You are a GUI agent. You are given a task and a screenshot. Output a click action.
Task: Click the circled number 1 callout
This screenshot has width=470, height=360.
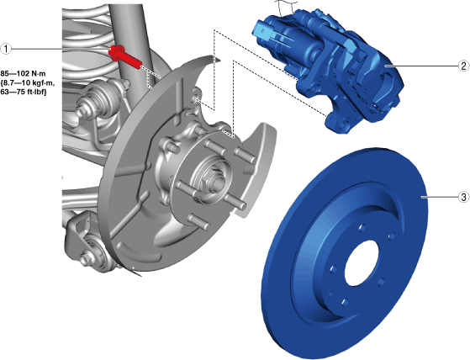tap(6, 49)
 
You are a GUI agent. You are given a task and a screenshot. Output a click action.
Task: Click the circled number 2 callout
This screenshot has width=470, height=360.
tap(463, 66)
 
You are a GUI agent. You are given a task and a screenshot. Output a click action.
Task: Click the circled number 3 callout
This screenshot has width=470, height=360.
tap(463, 197)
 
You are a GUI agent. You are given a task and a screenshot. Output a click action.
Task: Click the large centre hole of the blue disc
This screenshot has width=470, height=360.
tap(362, 263)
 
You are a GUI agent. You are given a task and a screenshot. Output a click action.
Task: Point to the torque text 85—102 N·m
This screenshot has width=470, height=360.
tap(23, 73)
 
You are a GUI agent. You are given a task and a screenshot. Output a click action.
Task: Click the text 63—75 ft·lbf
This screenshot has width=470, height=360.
tap(24, 92)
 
